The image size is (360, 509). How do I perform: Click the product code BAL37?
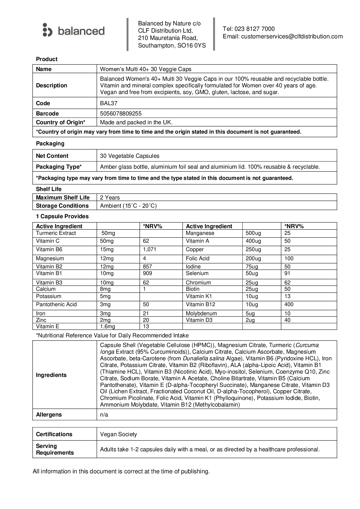109,103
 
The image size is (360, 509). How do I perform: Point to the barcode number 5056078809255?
121,114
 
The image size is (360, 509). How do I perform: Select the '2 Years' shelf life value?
110,198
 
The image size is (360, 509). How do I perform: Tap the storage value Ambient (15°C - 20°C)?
128,206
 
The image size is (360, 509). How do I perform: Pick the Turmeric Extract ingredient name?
56,233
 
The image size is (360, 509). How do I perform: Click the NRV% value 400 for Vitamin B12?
289,305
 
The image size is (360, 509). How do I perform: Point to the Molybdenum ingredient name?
201,314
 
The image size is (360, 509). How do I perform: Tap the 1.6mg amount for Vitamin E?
108,327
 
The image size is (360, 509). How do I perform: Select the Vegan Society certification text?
118,434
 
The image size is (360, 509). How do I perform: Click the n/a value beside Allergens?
104,415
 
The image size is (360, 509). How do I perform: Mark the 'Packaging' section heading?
50,144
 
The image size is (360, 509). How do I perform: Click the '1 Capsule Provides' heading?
62,216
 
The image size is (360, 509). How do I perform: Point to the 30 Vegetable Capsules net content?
130,156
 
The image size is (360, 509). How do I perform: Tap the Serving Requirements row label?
55,449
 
